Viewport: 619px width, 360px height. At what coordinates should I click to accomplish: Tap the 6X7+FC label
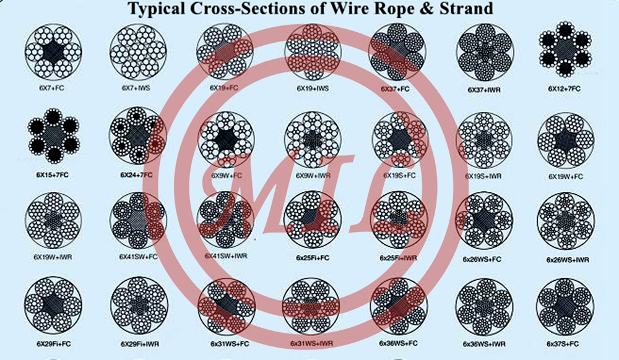51,88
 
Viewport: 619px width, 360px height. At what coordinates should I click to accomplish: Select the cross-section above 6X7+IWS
137,52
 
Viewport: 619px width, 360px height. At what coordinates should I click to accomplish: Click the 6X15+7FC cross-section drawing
54,135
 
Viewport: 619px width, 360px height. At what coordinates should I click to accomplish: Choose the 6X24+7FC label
137,175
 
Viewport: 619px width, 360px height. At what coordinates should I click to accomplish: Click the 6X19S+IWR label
483,176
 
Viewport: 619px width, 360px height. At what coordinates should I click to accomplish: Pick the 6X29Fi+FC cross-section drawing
53,304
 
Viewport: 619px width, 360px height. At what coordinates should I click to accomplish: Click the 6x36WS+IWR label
483,342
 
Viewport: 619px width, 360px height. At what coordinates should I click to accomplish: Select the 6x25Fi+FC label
311,257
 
